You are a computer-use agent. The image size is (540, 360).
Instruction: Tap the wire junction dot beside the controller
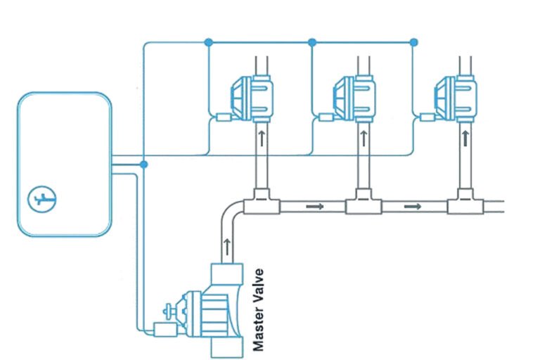(143, 164)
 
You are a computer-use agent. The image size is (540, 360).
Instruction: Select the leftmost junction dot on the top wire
(208, 42)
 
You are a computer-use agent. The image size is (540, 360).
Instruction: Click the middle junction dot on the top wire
(312, 42)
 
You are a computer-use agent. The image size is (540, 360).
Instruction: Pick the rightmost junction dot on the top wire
(413, 42)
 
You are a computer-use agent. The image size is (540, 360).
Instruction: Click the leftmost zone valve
(250, 96)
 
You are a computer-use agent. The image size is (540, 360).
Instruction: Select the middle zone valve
(352, 96)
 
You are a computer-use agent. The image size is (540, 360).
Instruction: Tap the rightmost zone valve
(454, 96)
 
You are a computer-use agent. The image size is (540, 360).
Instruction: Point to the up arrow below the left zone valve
(261, 138)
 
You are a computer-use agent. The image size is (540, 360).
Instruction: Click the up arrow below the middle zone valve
(363, 138)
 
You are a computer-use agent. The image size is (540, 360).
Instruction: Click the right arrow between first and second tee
(314, 207)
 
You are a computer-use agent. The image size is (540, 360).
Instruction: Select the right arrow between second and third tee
(415, 207)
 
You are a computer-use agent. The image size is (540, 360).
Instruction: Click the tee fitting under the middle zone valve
(363, 204)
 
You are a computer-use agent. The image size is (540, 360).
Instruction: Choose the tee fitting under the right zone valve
(464, 204)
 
